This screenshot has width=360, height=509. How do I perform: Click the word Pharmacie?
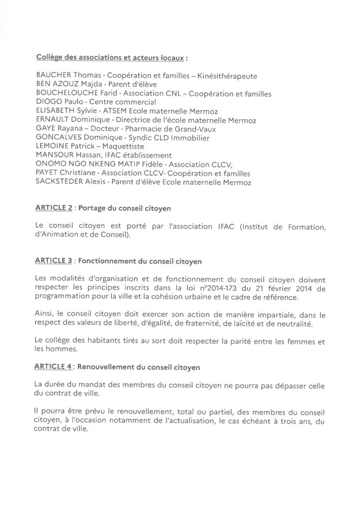tap(142, 130)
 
